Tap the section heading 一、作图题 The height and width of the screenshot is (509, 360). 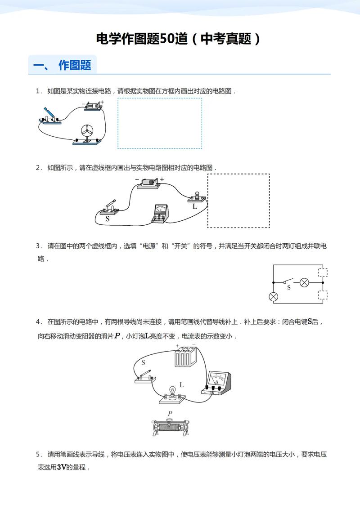(63, 65)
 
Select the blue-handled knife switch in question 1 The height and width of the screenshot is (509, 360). (49, 115)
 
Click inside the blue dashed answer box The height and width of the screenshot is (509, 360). (160, 123)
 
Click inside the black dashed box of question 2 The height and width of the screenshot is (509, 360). (238, 201)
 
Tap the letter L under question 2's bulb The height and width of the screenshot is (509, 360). (194, 207)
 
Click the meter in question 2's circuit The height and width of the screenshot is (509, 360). (160, 212)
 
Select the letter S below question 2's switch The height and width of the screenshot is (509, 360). (107, 219)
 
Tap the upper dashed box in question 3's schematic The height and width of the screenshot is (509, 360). (322, 272)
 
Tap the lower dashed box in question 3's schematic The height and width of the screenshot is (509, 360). (322, 295)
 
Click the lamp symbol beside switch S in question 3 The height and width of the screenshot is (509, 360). (304, 282)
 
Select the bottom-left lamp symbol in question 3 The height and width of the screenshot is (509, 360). (273, 297)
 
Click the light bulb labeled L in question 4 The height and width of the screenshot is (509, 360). (171, 392)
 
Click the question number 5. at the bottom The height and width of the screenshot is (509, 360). (39, 454)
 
